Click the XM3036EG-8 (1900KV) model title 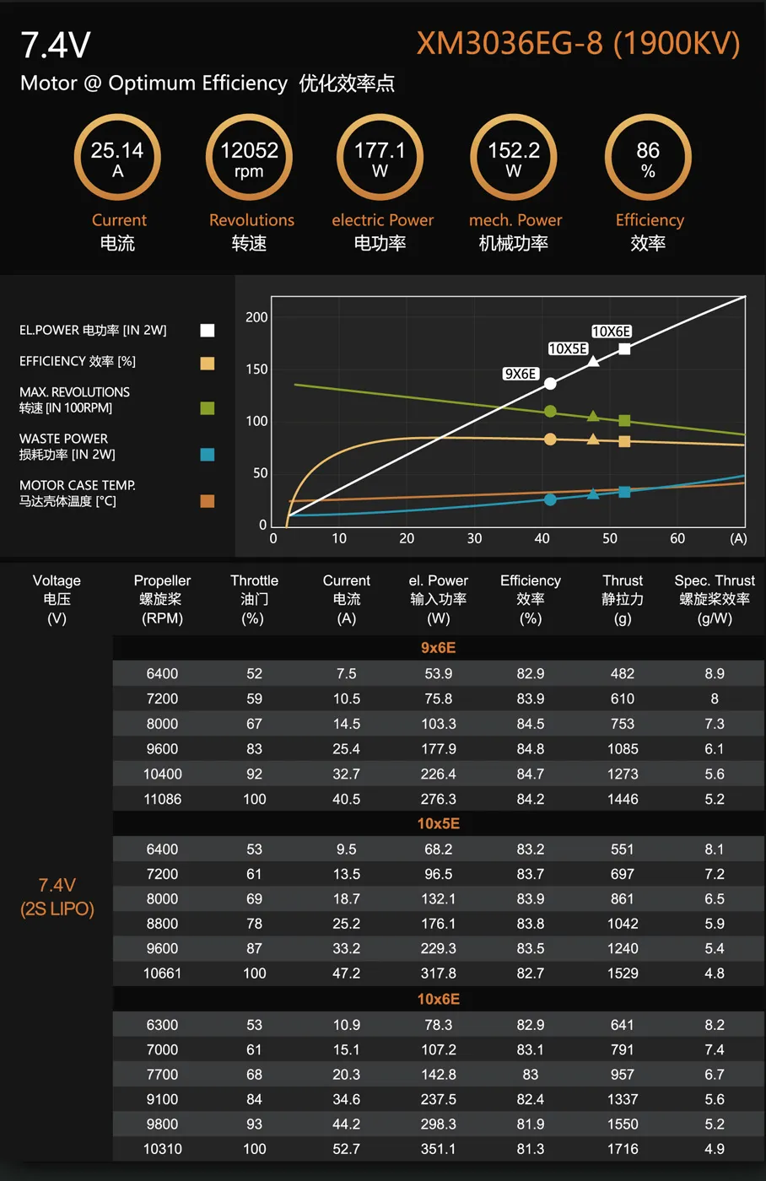pyautogui.click(x=578, y=44)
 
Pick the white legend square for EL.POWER pyautogui.click(x=208, y=331)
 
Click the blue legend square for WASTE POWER pyautogui.click(x=208, y=455)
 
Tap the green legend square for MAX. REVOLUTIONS pyautogui.click(x=208, y=408)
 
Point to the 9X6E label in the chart pyautogui.click(x=521, y=374)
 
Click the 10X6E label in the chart pyautogui.click(x=611, y=332)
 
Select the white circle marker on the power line pyautogui.click(x=550, y=384)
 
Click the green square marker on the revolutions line pyautogui.click(x=624, y=420)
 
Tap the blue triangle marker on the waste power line pyautogui.click(x=593, y=493)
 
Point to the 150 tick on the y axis pyautogui.click(x=256, y=369)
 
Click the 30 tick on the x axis pyautogui.click(x=475, y=539)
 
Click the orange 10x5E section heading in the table pyautogui.click(x=438, y=823)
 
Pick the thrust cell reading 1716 pyautogui.click(x=623, y=1149)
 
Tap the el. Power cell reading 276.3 pyautogui.click(x=439, y=799)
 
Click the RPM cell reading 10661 pyautogui.click(x=162, y=973)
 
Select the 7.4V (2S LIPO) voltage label pyautogui.click(x=57, y=897)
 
